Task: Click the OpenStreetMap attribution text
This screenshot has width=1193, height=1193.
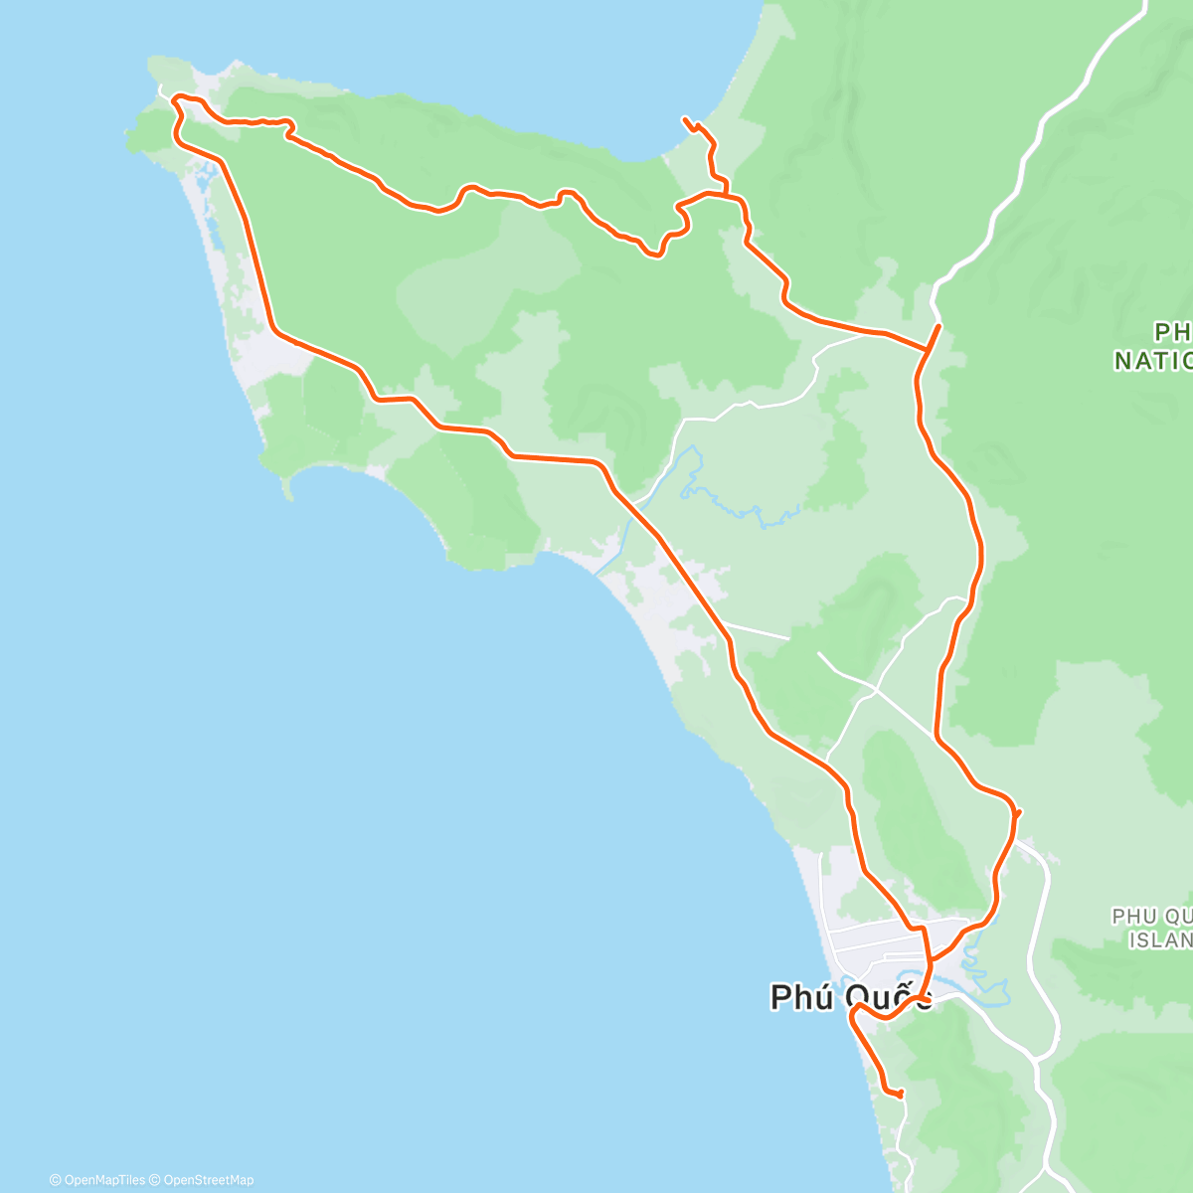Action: tap(207, 1180)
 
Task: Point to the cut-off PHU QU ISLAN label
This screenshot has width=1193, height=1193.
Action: tap(1153, 928)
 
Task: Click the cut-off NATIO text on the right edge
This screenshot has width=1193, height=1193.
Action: tap(1153, 360)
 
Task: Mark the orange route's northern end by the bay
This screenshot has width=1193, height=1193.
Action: tap(685, 119)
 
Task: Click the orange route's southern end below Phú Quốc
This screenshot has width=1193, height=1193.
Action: tap(901, 1095)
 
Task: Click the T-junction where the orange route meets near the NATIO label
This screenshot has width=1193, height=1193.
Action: tap(928, 349)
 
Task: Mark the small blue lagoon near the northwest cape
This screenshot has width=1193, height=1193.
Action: tap(203, 179)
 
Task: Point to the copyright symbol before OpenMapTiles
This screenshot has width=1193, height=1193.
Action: tap(55, 1180)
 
